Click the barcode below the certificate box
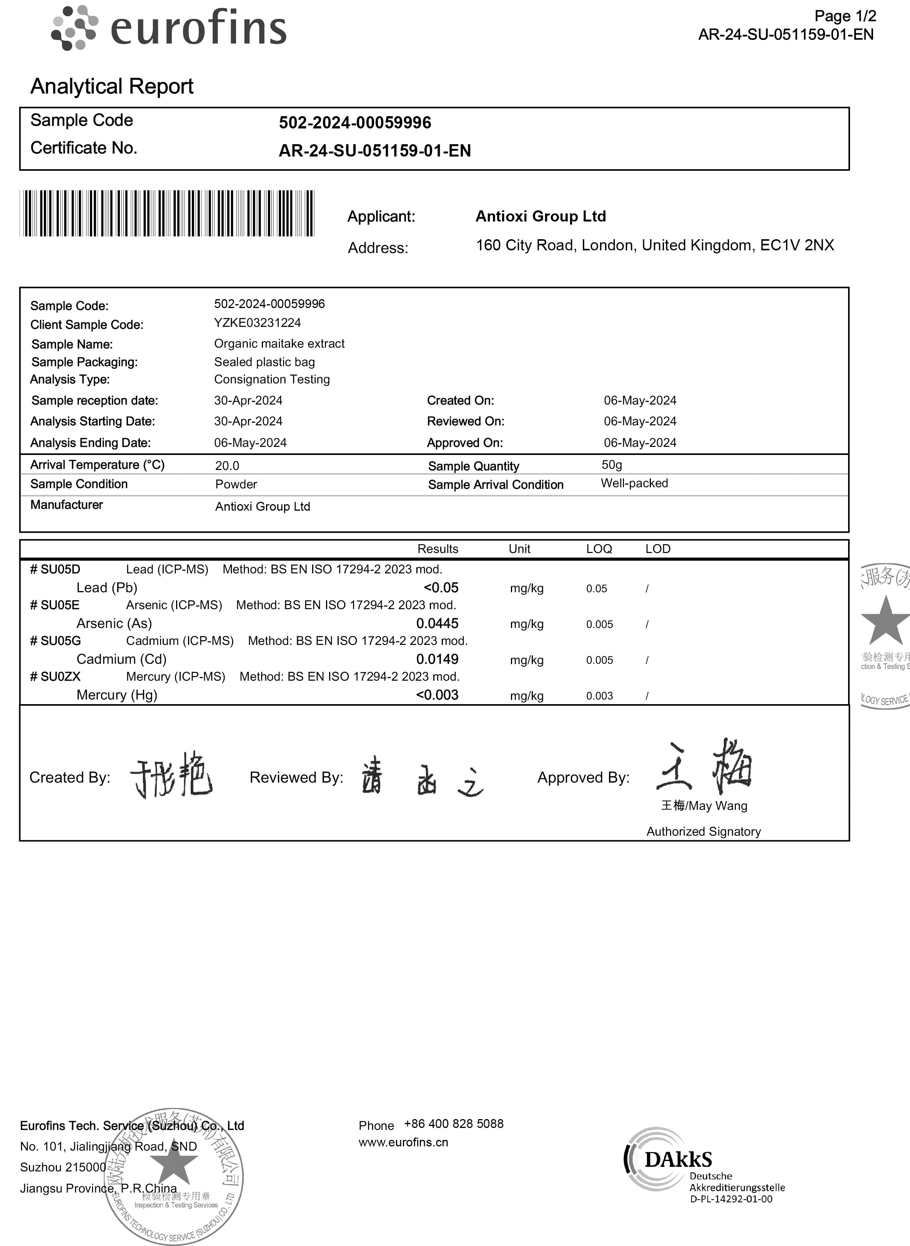click(x=167, y=213)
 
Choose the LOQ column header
click(x=599, y=549)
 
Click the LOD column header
click(x=658, y=549)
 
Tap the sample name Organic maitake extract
click(x=279, y=343)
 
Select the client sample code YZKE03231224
click(x=257, y=323)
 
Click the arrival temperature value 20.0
click(x=227, y=466)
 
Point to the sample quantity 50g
click(x=611, y=465)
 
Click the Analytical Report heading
click(x=112, y=87)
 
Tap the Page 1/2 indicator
click(x=845, y=17)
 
